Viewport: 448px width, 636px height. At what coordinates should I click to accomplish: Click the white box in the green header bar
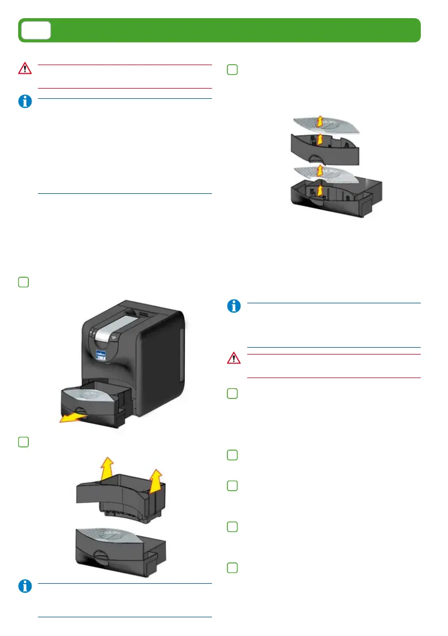pos(36,30)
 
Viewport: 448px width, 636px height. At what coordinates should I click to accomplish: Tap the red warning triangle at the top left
pos(25,68)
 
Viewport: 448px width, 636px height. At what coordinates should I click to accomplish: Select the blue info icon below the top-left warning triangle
pos(25,102)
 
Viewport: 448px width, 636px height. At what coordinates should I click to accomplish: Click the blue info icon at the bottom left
pos(25,586)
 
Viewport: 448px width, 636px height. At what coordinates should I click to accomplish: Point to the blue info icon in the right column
pos(233,306)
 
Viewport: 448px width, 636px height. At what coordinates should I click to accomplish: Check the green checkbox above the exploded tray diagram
pos(232,69)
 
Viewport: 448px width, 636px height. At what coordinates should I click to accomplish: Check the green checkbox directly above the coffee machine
pos(23,282)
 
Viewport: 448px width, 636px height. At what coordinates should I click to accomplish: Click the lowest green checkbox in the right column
pos(232,567)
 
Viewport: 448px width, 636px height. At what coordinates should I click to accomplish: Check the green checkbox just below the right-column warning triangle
pos(232,394)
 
